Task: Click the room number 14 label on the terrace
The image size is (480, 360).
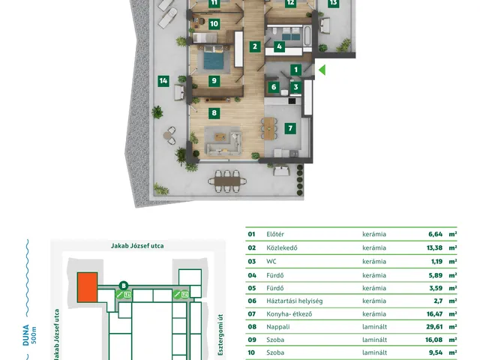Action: tap(163, 81)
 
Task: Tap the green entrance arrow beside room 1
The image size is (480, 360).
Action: tap(322, 70)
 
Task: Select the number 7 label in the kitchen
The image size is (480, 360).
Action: tap(290, 128)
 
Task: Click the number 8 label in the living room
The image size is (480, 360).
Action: tap(214, 113)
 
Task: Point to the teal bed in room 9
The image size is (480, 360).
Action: tap(213, 58)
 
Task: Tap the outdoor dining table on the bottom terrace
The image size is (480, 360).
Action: tap(227, 181)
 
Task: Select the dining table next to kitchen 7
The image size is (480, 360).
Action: tap(269, 128)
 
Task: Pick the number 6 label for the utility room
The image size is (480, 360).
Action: tap(274, 87)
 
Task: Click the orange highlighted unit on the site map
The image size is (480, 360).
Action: tap(87, 287)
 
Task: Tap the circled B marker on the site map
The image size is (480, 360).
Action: tap(124, 286)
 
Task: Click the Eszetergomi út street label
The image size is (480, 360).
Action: tap(220, 335)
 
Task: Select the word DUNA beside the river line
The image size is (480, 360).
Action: tap(25, 335)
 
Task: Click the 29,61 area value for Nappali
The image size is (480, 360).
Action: tap(434, 327)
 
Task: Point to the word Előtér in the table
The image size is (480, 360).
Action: tap(275, 234)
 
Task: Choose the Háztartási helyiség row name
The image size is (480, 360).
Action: tap(295, 301)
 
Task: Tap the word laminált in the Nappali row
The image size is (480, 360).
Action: tap(375, 327)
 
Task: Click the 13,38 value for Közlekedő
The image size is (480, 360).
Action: tap(435, 247)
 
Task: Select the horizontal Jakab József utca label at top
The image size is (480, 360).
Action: tap(137, 246)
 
